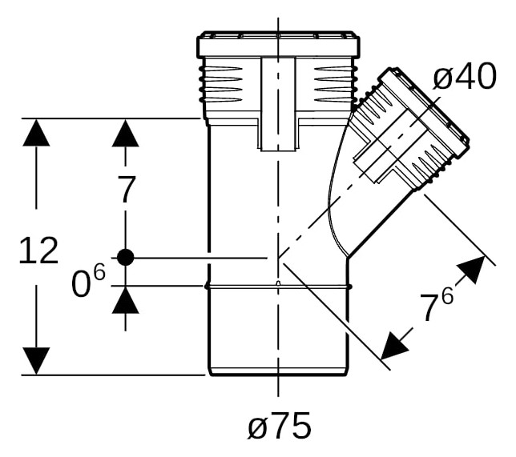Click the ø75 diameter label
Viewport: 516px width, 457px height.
pyautogui.click(x=279, y=426)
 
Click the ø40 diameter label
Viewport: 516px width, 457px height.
pyautogui.click(x=465, y=76)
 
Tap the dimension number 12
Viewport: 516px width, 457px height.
pyautogui.click(x=38, y=251)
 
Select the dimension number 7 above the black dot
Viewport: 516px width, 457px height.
pyautogui.click(x=127, y=190)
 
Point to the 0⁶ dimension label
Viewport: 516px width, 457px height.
pyautogui.click(x=88, y=280)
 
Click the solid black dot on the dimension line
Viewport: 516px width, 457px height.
pyautogui.click(x=125, y=258)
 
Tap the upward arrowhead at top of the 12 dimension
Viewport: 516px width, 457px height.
pyautogui.click(x=36, y=132)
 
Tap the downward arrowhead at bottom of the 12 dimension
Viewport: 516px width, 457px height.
pyautogui.click(x=36, y=361)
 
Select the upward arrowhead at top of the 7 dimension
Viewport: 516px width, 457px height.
pyautogui.click(x=125, y=133)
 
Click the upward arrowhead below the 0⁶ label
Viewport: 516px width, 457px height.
pyautogui.click(x=125, y=300)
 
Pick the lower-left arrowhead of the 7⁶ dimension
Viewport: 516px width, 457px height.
pyautogui.click(x=394, y=347)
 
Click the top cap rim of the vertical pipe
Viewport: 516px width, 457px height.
pyautogui.click(x=278, y=45)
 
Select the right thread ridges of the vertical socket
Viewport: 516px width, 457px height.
pyautogui.click(x=336, y=84)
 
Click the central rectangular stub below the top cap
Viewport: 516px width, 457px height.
pyautogui.click(x=278, y=104)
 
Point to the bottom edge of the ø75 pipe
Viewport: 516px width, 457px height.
pyautogui.click(x=278, y=374)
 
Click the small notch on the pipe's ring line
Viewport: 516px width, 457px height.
pyautogui.click(x=278, y=283)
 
